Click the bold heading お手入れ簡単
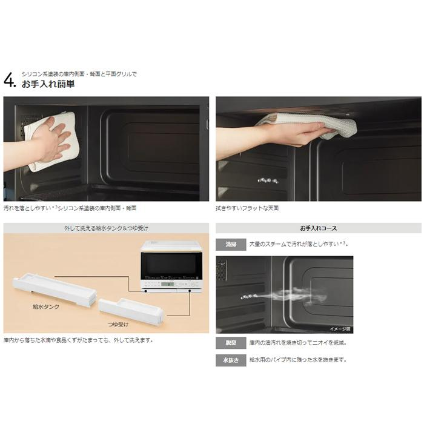pyautogui.click(x=48, y=84)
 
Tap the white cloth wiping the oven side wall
pyautogui.click(x=52, y=141)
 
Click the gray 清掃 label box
pyautogui.click(x=231, y=245)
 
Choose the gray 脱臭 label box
pyautogui.click(x=231, y=343)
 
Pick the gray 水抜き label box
pyautogui.click(x=231, y=360)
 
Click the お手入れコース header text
pyautogui.click(x=318, y=228)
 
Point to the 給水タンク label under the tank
pyautogui.click(x=46, y=306)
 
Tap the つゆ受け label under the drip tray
pyautogui.click(x=118, y=324)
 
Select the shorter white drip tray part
pyautogui.click(x=131, y=310)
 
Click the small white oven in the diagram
pyautogui.click(x=171, y=266)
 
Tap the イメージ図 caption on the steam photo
pyautogui.click(x=340, y=329)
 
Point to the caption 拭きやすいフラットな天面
pyautogui.click(x=247, y=208)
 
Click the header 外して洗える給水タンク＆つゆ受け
pyautogui.click(x=106, y=228)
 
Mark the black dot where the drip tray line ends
pyautogui.click(x=190, y=291)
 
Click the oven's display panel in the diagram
pyautogui.click(x=168, y=283)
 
